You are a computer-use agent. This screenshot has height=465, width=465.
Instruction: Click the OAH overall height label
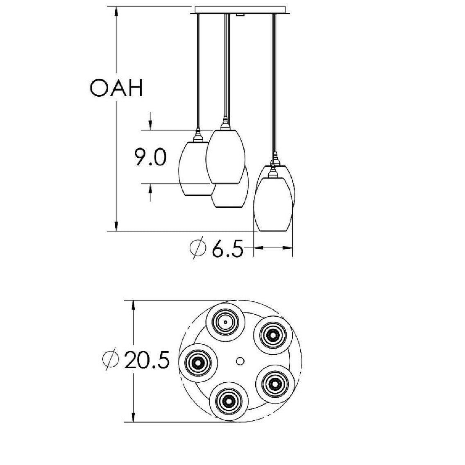click(116, 88)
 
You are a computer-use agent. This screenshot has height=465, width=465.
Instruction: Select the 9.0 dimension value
click(150, 157)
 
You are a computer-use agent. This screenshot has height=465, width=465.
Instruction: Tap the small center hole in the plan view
click(240, 361)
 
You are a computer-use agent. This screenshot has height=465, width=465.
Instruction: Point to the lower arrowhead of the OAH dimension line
click(117, 226)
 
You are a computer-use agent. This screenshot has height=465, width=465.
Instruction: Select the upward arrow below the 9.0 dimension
click(150, 189)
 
